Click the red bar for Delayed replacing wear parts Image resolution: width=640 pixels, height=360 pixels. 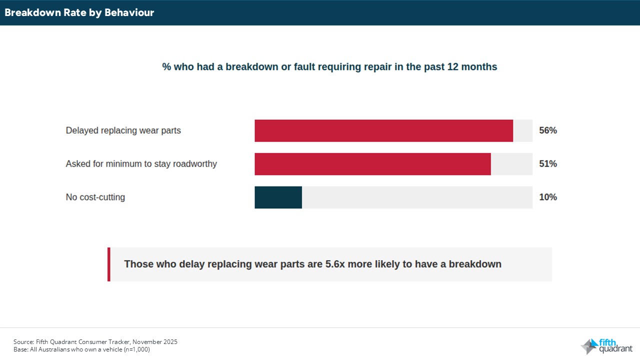(x=383, y=130)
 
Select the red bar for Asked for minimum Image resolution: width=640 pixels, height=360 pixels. (x=372, y=164)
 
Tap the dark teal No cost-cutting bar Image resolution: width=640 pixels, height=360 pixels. (x=278, y=197)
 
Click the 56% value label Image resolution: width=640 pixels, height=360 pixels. (x=547, y=130)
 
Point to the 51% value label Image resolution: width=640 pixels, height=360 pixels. (x=547, y=164)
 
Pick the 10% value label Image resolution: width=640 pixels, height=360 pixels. (x=547, y=197)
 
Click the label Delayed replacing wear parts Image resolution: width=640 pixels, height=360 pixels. (x=123, y=130)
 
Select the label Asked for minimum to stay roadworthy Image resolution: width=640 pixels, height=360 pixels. (x=141, y=164)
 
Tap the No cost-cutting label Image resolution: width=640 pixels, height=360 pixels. (x=95, y=197)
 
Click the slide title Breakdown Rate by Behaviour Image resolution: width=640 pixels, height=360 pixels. (x=79, y=13)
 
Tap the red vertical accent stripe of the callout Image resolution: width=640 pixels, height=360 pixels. (x=109, y=264)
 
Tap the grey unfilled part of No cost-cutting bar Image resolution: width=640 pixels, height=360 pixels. (x=417, y=197)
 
